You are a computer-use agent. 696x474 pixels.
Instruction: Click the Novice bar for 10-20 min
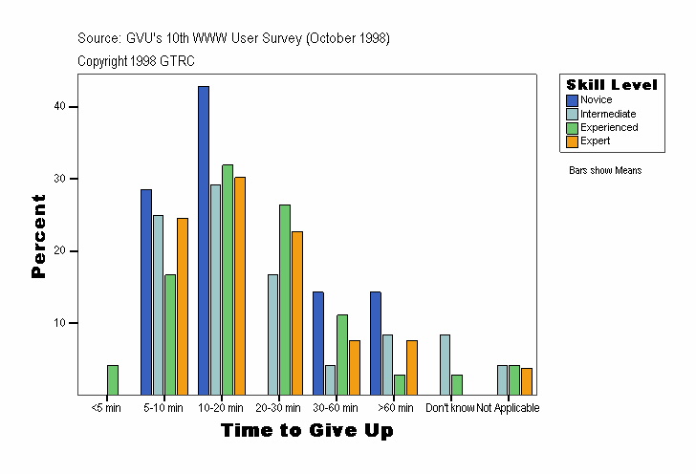204,240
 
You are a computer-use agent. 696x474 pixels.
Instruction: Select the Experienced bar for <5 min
113,379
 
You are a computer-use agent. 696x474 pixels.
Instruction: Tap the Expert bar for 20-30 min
297,312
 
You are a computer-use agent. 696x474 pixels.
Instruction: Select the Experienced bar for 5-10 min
170,334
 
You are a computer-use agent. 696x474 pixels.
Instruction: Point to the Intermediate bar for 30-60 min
330,379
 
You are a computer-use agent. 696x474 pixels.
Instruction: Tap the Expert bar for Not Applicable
527,381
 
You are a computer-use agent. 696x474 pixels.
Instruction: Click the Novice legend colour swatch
572,100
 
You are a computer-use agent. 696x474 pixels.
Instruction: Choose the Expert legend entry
595,140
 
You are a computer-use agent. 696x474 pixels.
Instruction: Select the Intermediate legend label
608,114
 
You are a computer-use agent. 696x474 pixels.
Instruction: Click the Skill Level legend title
612,85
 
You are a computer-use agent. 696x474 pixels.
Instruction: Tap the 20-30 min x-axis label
279,408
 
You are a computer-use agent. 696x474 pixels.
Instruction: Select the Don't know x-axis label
449,408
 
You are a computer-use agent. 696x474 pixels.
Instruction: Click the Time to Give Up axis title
307,431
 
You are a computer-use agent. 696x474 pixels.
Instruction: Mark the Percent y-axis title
38,236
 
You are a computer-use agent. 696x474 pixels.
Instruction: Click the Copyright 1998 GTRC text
137,60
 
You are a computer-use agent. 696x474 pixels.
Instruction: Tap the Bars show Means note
605,170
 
